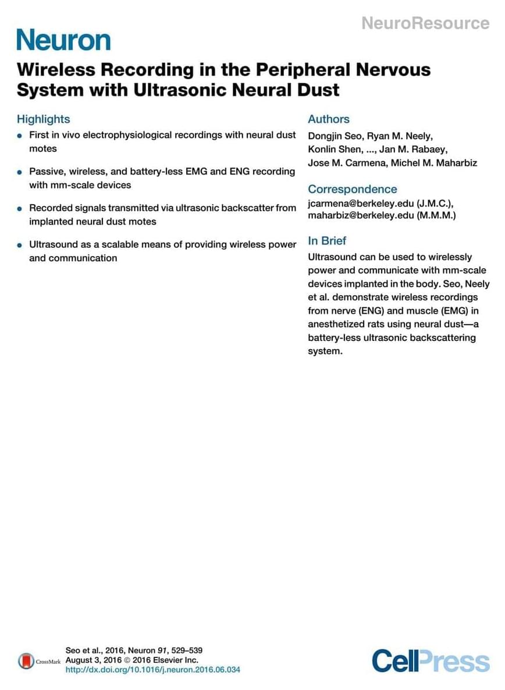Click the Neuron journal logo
[x=63, y=40]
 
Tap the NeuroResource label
[x=425, y=23]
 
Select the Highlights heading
[x=43, y=119]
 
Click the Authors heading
[x=329, y=119]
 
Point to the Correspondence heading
[x=352, y=189]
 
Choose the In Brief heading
[x=327, y=241]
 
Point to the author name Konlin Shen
[x=334, y=150]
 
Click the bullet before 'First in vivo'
[x=20, y=136]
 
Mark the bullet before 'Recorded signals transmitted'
[x=20, y=208]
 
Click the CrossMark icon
[x=26, y=661]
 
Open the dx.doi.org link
[x=152, y=670]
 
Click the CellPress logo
[x=431, y=661]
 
